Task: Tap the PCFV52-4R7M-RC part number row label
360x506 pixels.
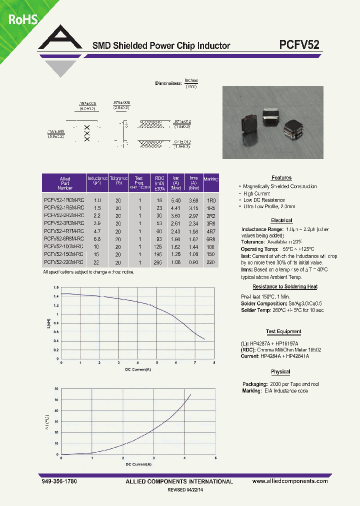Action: point(64,231)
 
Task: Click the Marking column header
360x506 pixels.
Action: point(211,178)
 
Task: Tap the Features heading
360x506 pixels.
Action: point(281,178)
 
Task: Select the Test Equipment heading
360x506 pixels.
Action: point(283,331)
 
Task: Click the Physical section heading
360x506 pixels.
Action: point(280,371)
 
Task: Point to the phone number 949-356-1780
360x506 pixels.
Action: point(60,481)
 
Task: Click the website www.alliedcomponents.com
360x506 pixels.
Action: point(290,481)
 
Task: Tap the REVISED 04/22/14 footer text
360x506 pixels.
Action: point(189,491)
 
